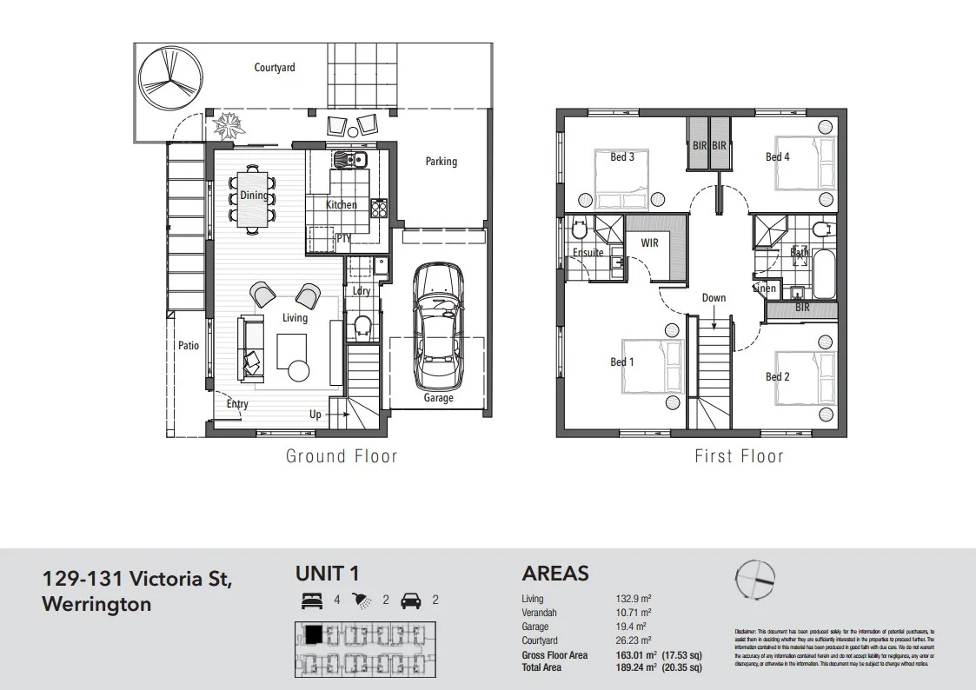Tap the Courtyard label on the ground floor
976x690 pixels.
274,67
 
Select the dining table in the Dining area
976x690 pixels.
253,200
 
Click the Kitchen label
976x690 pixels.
341,205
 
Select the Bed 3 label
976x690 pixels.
621,157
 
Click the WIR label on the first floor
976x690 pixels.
649,243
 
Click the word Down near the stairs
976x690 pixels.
714,298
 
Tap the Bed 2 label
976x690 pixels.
777,377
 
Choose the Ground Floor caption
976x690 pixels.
342,456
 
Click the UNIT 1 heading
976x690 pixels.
327,574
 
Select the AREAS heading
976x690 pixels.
554,574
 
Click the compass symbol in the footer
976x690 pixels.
754,579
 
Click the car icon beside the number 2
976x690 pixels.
412,599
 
